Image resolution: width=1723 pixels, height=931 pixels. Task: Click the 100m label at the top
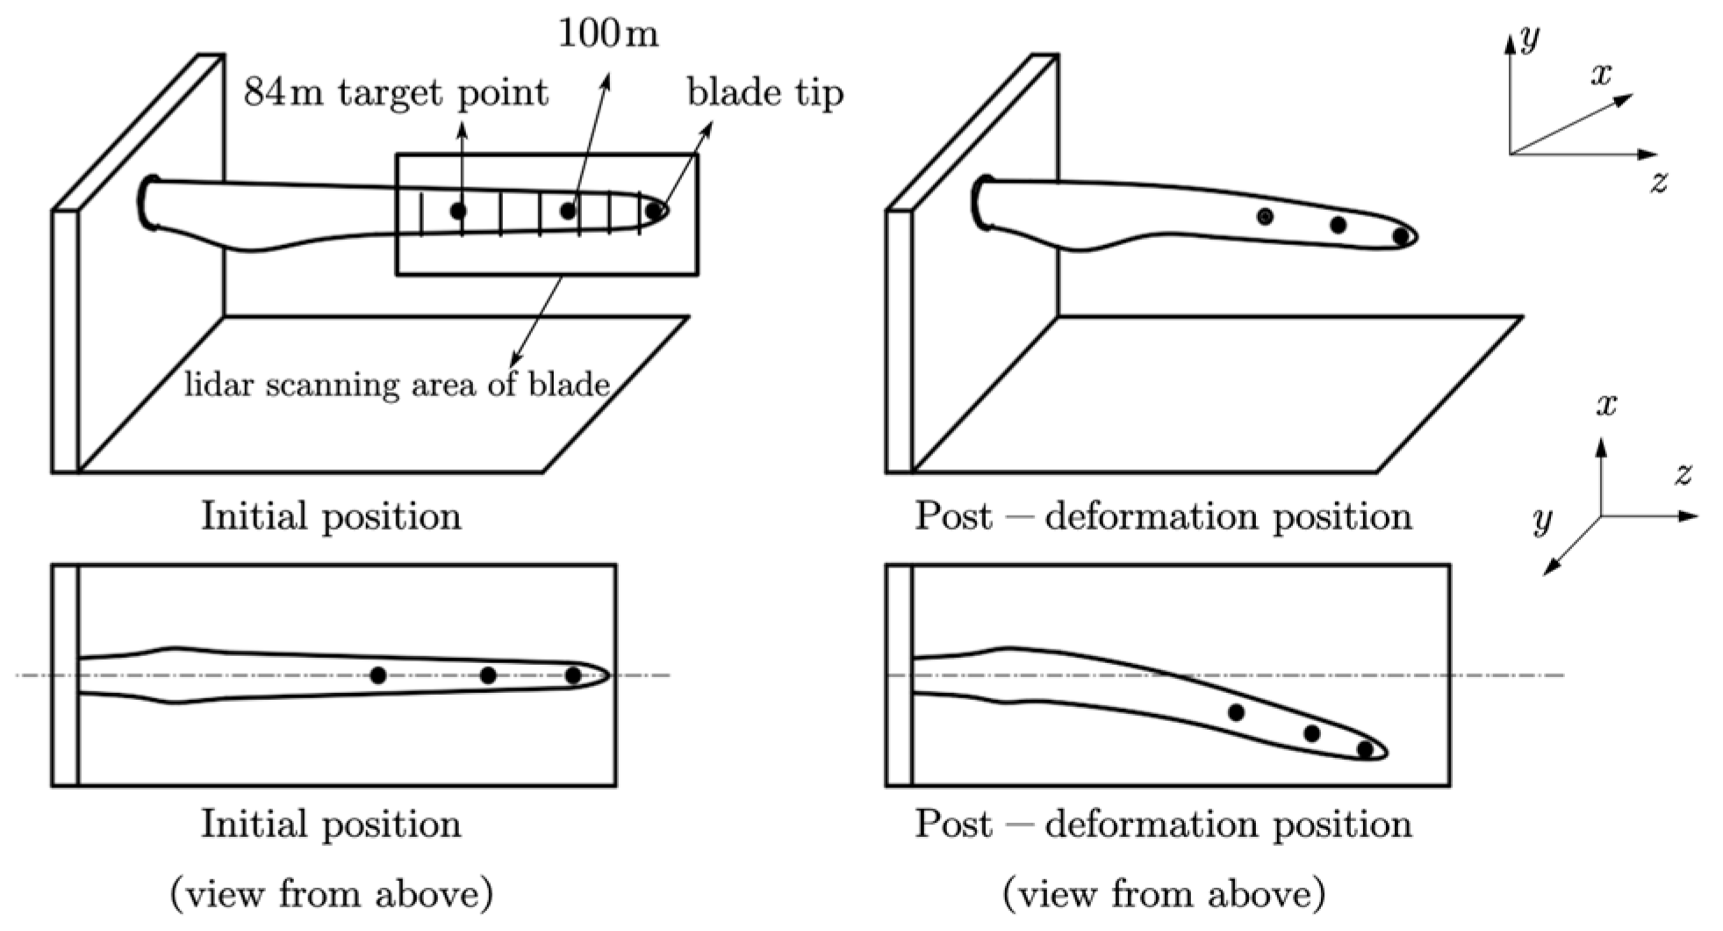click(x=608, y=34)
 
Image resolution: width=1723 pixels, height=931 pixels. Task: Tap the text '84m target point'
click(x=396, y=92)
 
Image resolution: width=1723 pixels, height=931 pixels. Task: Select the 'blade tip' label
click(x=765, y=93)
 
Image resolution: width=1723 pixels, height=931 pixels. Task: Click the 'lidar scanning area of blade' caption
click(x=397, y=385)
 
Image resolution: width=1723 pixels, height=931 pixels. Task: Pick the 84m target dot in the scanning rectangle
click(x=458, y=211)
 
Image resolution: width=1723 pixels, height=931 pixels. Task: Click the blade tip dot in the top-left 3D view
click(x=654, y=211)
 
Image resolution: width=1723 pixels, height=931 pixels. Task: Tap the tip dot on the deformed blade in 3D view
click(x=1401, y=235)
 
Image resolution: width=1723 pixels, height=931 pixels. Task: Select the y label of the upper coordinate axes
click(x=1530, y=38)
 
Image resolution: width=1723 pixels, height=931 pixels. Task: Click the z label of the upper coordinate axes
click(x=1658, y=183)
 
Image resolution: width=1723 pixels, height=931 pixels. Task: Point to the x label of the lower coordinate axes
click(x=1606, y=405)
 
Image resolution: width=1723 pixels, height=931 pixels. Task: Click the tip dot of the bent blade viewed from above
click(x=1365, y=749)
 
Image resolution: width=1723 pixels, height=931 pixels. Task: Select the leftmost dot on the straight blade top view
click(x=378, y=675)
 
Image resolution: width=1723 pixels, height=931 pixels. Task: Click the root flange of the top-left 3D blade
click(x=147, y=203)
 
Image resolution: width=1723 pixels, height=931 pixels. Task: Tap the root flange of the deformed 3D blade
click(x=981, y=203)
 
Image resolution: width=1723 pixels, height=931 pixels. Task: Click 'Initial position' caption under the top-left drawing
click(x=331, y=516)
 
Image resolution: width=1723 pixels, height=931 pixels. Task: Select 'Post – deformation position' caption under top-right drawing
click(x=1163, y=516)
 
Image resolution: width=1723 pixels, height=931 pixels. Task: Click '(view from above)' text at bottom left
click(x=331, y=894)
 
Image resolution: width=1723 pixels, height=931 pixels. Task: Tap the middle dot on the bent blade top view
click(x=1311, y=733)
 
